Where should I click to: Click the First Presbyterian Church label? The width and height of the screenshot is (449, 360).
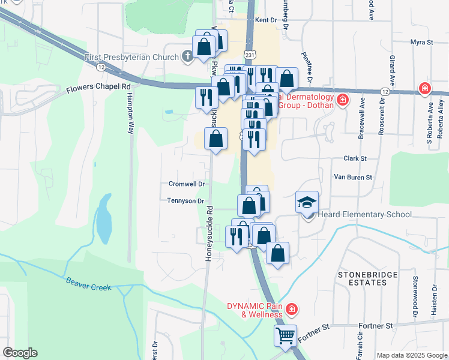click(132, 57)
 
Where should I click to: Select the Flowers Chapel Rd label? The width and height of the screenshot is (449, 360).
click(98, 87)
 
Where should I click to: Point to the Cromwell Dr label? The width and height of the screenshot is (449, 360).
click(187, 184)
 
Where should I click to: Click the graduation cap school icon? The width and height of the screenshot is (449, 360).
click(307, 202)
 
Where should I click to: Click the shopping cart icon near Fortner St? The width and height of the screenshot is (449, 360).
click(285, 335)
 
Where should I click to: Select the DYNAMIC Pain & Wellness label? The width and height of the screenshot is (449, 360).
click(254, 310)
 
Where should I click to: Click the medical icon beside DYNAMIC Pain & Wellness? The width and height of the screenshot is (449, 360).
click(292, 310)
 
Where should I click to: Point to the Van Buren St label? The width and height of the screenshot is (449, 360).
click(353, 177)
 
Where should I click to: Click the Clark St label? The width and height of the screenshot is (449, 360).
click(355, 158)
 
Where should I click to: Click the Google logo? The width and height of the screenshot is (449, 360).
click(20, 353)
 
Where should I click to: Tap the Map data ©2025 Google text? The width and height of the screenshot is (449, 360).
click(411, 355)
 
